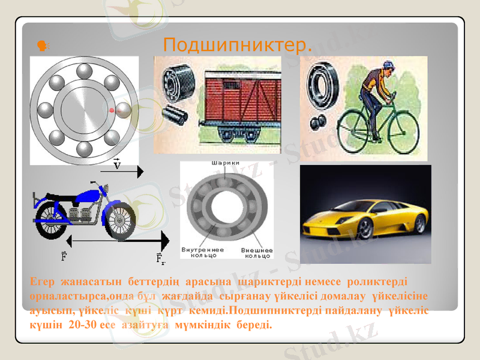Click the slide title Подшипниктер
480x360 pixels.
[x=238, y=44]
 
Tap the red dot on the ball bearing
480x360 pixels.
[x=112, y=111]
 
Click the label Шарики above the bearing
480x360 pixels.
[x=226, y=163]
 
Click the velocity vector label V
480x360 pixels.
[x=118, y=164]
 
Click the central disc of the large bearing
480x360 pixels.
[x=84, y=111]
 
